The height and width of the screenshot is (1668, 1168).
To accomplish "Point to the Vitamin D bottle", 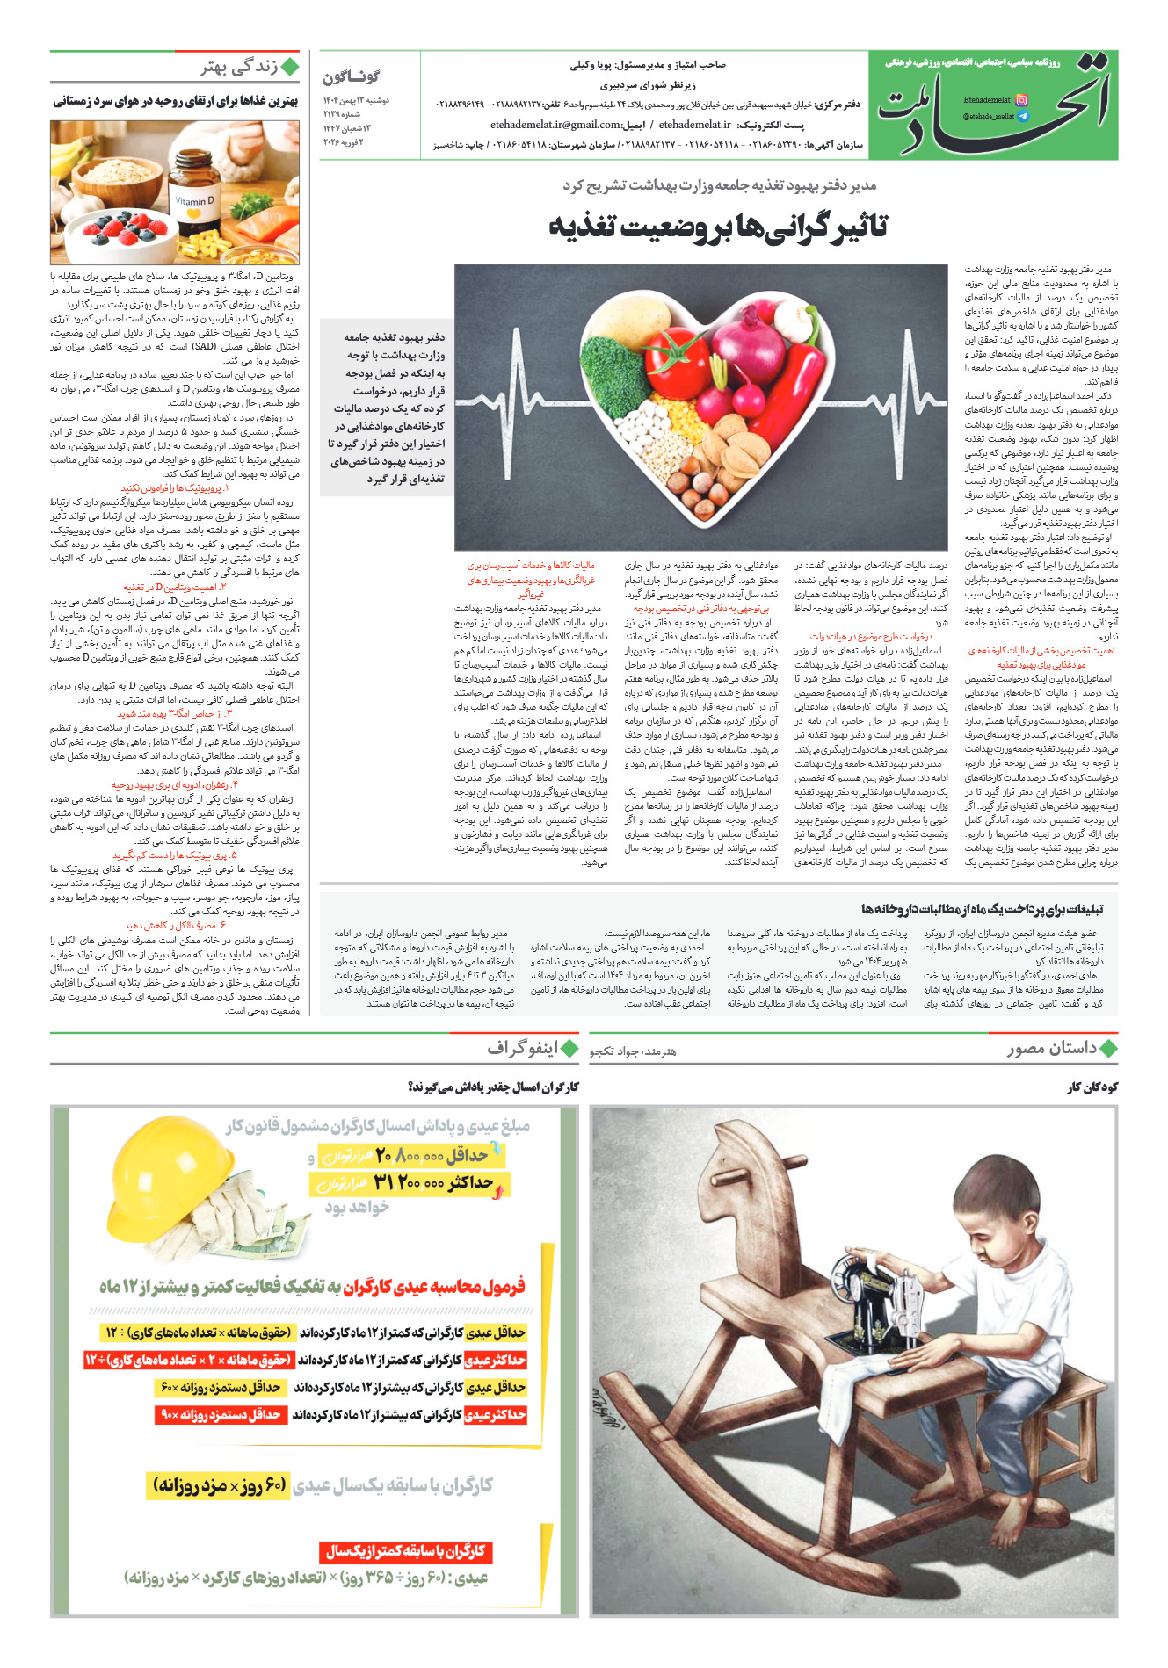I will (194, 208).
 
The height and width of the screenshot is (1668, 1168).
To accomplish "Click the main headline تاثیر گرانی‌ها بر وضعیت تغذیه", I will (718, 227).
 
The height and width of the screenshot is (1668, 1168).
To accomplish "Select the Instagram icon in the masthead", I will (1021, 100).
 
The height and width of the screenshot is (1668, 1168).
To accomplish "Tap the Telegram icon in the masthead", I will (1021, 116).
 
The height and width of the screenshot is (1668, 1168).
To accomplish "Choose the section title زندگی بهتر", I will (238, 68).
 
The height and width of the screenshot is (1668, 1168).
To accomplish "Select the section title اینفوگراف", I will (522, 1048).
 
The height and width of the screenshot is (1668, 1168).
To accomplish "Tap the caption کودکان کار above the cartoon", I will (1092, 1087).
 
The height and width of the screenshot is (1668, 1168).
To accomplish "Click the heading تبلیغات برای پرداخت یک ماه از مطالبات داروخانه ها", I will (982, 910).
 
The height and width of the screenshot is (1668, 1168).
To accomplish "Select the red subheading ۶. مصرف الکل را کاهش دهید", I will (175, 926).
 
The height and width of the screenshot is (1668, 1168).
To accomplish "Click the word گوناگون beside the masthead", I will (351, 77).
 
